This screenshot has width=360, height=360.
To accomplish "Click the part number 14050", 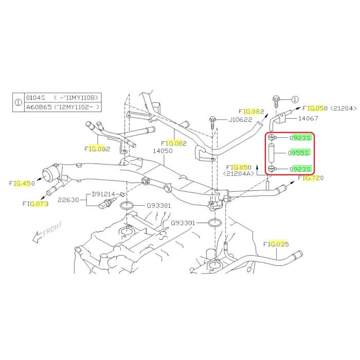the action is click(163, 151).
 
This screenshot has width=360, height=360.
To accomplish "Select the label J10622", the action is click(240, 120).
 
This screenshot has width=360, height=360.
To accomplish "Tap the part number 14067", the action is click(308, 118).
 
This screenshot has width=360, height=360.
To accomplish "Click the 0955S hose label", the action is click(299, 153).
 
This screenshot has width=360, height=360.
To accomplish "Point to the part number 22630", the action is click(68, 200).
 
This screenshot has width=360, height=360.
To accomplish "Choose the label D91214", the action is click(103, 194).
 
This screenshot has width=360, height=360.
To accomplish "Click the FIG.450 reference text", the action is click(22, 183).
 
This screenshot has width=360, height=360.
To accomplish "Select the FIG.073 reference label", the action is click(35, 204).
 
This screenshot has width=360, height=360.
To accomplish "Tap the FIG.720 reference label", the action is click(311, 178).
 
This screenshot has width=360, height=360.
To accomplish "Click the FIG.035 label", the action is click(276, 244).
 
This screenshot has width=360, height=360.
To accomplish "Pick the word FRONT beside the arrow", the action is click(52, 229).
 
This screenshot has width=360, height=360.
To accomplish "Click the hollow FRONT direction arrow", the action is click(37, 237).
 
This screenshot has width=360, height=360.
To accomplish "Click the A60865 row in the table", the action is click(63, 107).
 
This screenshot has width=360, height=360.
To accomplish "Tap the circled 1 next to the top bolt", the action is click(295, 100).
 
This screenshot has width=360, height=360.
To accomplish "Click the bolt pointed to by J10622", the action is click(212, 123).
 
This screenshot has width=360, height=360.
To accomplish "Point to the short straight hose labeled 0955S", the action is click(272, 153).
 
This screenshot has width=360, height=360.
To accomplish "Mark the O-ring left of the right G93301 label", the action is click(214, 223).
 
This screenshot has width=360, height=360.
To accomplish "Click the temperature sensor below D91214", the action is click(106, 204).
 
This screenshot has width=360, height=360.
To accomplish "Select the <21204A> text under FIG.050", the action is click(239, 174).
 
